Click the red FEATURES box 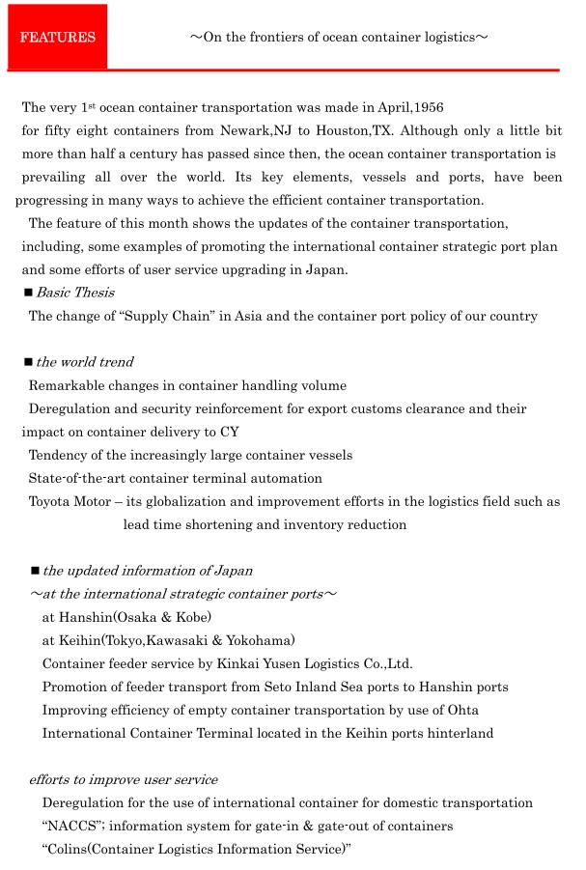coord(57,38)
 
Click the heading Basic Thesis coord(75,293)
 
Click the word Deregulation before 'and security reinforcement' coord(71,409)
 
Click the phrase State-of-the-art coord(77,479)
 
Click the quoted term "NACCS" coord(70,827)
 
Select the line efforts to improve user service coord(123,780)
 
